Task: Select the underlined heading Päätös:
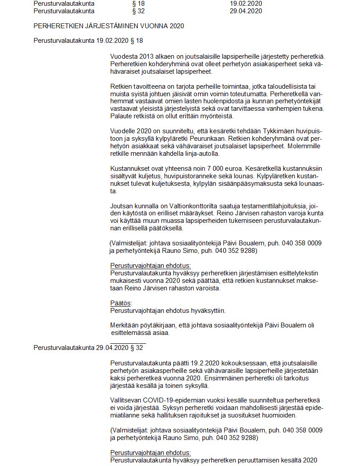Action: (121, 303)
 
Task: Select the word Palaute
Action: (121, 116)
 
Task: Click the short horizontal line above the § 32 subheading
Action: (128, 342)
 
